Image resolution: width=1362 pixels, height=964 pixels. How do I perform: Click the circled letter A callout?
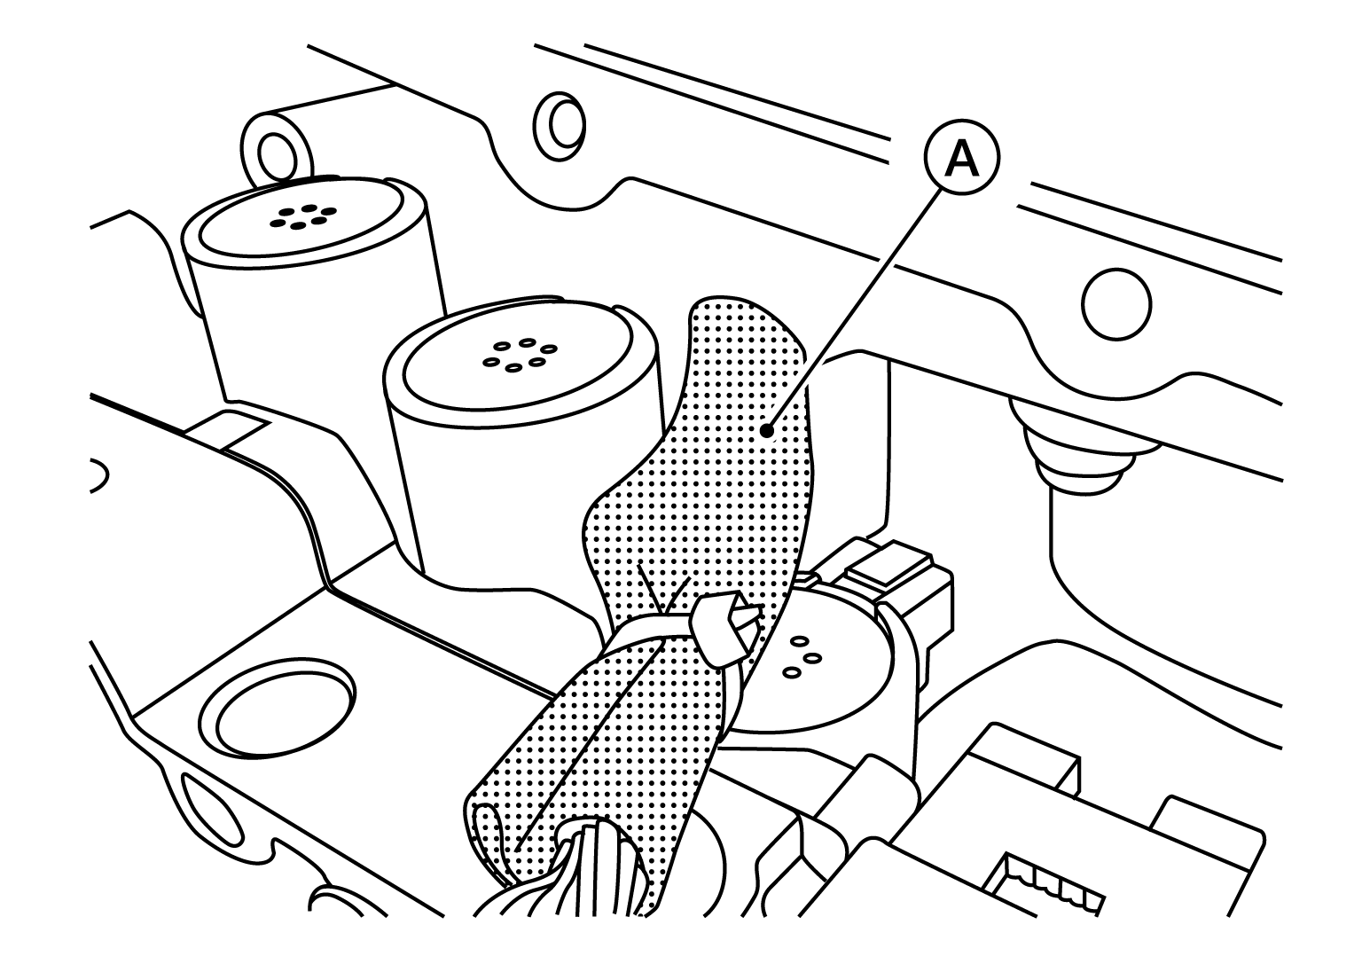coord(961,158)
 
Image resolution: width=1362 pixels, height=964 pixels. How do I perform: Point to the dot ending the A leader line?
coord(768,431)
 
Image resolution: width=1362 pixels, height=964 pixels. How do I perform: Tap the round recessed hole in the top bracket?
coord(560,127)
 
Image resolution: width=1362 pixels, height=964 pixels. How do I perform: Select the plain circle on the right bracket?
coord(1117,304)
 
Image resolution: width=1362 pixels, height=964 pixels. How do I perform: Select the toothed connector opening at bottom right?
coord(1043,882)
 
